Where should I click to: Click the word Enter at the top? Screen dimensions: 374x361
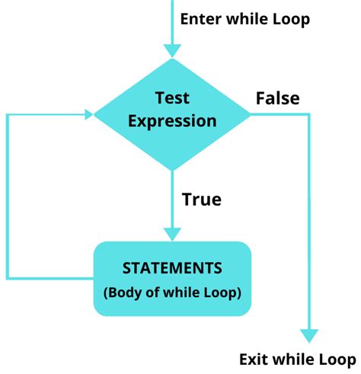point(200,18)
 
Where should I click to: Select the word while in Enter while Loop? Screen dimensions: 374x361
point(247,18)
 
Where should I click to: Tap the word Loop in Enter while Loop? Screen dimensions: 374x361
point(292,18)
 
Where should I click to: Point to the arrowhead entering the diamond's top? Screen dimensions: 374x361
point(173,50)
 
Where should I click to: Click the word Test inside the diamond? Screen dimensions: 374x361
point(172,99)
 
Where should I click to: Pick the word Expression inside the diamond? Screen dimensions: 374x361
point(172,120)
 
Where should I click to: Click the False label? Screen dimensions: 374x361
point(277,98)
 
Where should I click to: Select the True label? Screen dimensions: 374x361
point(201,200)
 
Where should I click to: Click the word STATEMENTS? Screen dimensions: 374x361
point(172,268)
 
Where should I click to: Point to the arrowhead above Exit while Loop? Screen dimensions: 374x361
point(308,335)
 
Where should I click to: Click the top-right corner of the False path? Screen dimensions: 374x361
point(308,115)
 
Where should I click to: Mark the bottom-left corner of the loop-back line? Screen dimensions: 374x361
point(8,278)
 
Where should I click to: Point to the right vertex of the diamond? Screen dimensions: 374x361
point(251,115)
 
